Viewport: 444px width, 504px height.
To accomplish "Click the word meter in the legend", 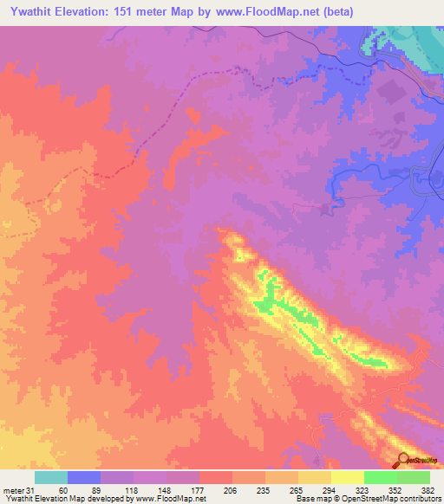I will tap(14, 489).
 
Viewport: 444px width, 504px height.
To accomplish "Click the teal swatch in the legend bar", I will tap(51, 477).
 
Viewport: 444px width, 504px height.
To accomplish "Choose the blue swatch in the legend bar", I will tap(84, 477).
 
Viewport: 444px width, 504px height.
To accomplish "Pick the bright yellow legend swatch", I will tap(348, 477).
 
